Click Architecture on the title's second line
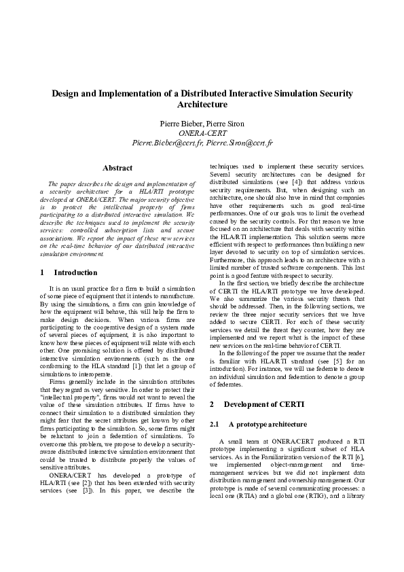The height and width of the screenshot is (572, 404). (202, 105)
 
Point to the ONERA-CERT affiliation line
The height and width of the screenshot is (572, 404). (202, 133)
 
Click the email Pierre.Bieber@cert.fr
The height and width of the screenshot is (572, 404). (166, 143)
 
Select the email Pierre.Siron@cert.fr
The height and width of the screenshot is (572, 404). (238, 143)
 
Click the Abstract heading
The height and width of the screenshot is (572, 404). (117, 168)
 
